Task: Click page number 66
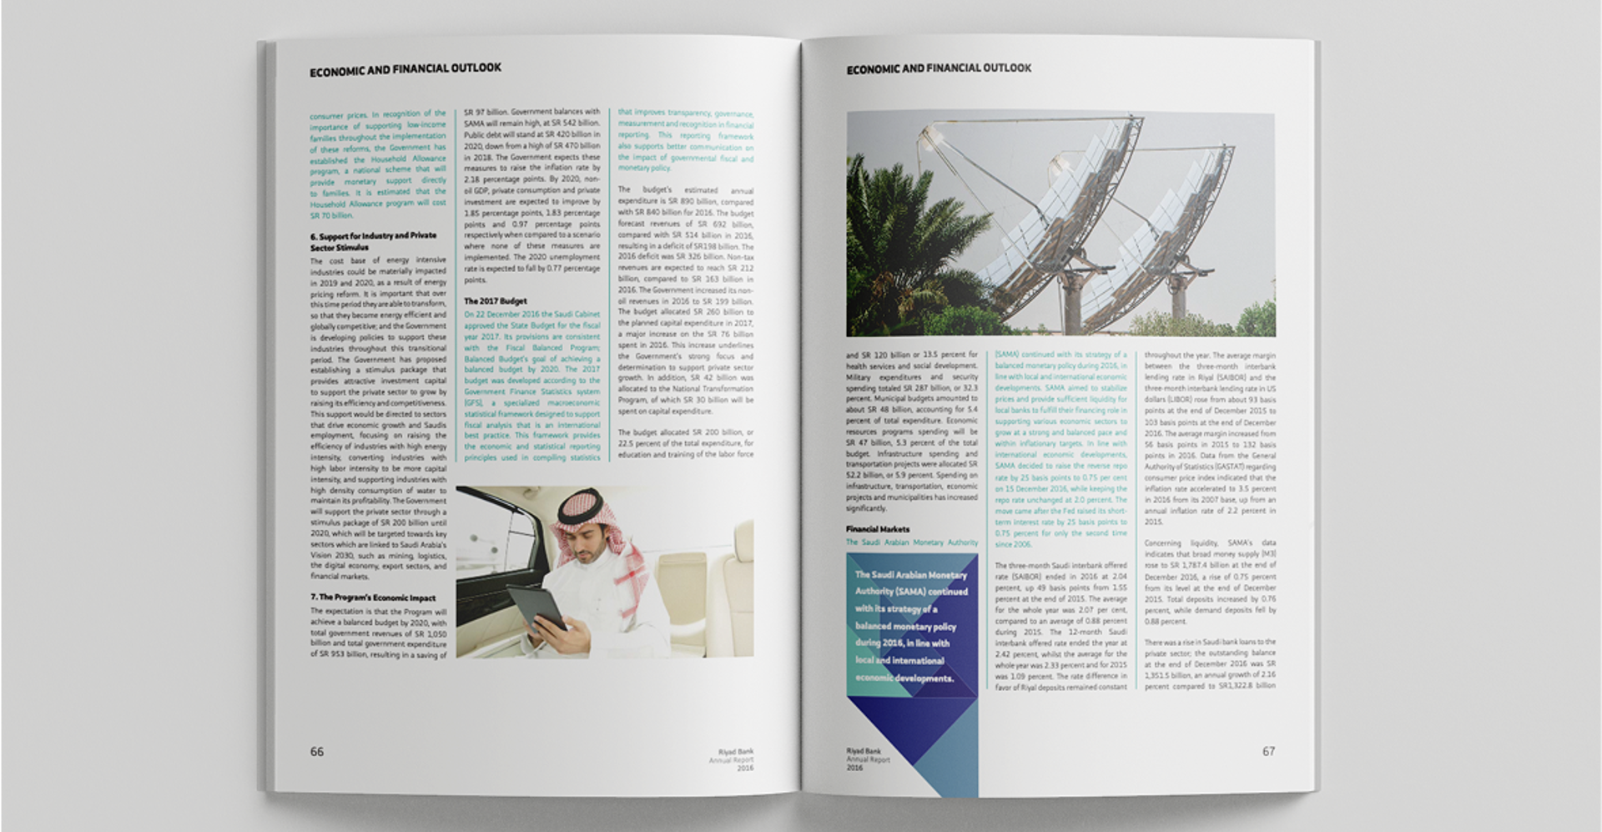[x=317, y=752]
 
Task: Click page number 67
[x=1268, y=752]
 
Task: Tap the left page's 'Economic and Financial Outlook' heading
[x=406, y=70]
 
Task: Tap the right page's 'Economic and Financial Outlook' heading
[x=939, y=68]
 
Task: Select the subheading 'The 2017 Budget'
[x=496, y=301]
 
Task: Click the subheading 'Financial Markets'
[x=878, y=529]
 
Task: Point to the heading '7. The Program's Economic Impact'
[x=373, y=598]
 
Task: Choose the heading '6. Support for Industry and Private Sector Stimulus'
[x=373, y=241]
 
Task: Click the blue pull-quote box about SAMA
[x=911, y=626]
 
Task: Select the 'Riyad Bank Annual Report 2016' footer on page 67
[x=868, y=759]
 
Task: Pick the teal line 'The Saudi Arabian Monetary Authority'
[x=911, y=542]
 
